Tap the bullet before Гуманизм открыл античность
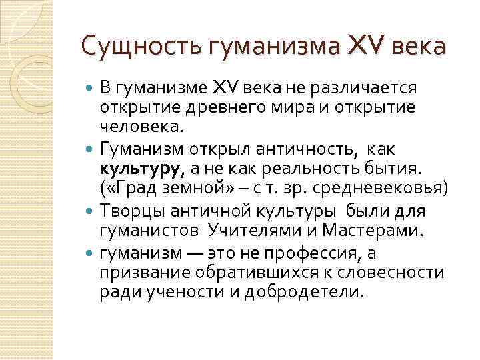91,149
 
